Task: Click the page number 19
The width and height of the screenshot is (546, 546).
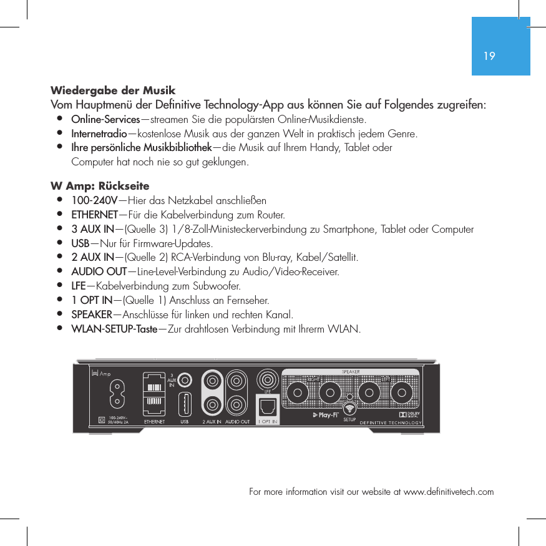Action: [x=489, y=56]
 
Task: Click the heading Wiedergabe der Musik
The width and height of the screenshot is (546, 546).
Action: [x=113, y=90]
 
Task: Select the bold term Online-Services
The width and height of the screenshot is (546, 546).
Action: [x=105, y=119]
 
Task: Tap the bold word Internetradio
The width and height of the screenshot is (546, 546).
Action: [x=99, y=134]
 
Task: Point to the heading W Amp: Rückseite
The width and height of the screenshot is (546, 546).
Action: [x=100, y=186]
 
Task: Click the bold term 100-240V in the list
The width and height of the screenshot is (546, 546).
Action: [x=94, y=200]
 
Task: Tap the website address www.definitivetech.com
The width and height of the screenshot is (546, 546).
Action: [x=449, y=492]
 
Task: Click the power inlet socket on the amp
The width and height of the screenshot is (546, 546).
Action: [x=115, y=394]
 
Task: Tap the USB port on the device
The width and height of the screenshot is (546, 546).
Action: [x=185, y=404]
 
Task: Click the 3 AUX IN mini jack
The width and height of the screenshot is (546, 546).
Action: [x=185, y=379]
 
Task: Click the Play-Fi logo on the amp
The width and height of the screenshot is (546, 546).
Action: [x=325, y=414]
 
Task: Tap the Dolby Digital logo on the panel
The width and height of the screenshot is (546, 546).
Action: [x=409, y=414]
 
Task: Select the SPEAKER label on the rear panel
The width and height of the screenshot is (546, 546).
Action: [x=350, y=372]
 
